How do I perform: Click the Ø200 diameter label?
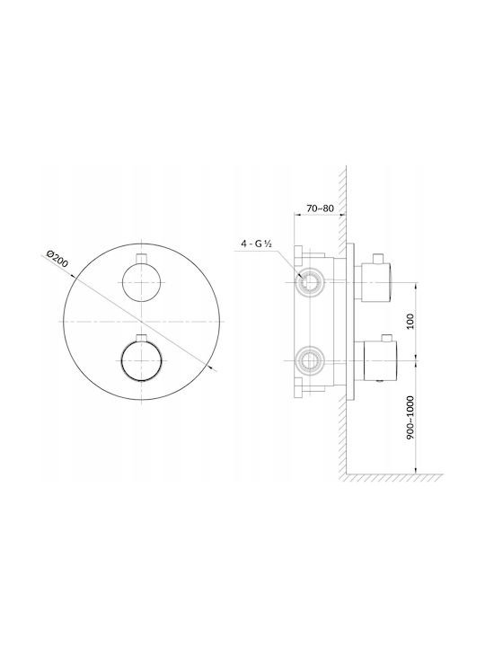click(x=57, y=258)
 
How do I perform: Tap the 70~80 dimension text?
click(x=320, y=208)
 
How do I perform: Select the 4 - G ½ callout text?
click(x=257, y=244)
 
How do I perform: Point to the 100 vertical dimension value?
click(x=410, y=321)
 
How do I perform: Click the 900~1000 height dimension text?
click(x=410, y=417)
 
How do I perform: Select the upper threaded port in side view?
click(x=309, y=282)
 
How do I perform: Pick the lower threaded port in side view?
click(x=309, y=360)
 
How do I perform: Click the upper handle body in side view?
click(x=376, y=283)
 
